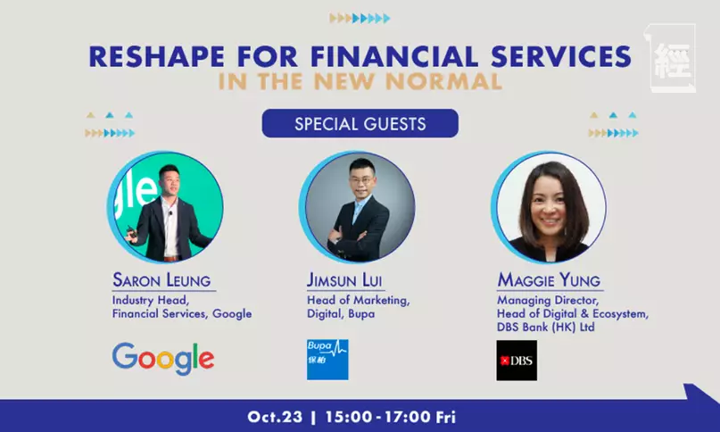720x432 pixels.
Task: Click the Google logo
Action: coord(163,359)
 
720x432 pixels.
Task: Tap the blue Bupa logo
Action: coord(327,360)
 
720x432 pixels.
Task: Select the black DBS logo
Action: coord(517,361)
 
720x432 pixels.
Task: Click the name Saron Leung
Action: coord(161,280)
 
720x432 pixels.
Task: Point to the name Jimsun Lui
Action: coord(344,280)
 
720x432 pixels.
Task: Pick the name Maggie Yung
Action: coord(549,280)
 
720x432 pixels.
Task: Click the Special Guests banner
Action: coord(360,123)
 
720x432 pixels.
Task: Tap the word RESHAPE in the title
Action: coord(157,56)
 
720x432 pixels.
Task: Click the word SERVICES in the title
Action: coord(561,56)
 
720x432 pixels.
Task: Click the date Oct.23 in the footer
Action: coord(275,417)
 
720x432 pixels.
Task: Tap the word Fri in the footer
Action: coord(446,417)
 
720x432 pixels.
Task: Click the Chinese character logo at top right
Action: coord(671,58)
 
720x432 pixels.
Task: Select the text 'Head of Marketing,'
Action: coord(358,300)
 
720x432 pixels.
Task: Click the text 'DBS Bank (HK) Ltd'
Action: coord(545,328)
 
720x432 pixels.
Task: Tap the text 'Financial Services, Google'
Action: coord(182,314)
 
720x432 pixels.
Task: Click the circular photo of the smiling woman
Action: coord(550,207)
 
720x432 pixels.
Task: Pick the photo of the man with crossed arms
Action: coord(357,207)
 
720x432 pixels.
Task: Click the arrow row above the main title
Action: coord(360,19)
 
